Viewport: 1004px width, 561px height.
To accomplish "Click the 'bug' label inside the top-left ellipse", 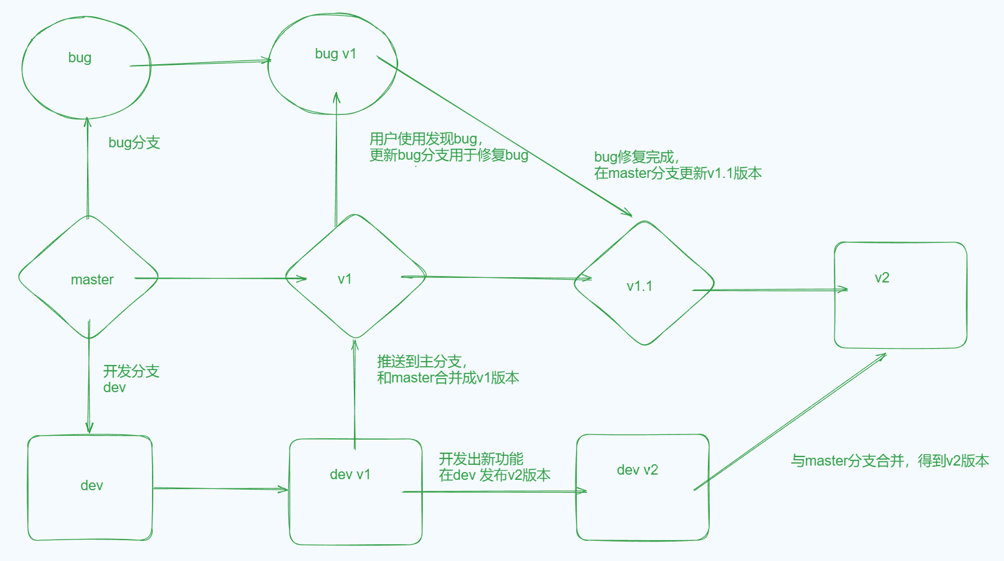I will [80, 58].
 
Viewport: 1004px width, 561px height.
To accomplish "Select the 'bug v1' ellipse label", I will [336, 54].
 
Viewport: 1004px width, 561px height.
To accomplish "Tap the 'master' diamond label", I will [92, 280].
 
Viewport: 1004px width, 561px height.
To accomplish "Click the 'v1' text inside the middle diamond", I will [345, 279].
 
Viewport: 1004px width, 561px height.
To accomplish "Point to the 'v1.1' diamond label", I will [640, 286].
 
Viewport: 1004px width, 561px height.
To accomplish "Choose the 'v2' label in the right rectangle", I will [882, 278].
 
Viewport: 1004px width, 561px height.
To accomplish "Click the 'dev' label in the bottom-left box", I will [92, 486].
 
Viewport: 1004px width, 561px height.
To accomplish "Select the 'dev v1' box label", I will [350, 475].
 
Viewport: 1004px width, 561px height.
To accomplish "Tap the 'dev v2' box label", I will [637, 470].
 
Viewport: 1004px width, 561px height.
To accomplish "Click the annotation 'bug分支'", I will [134, 143].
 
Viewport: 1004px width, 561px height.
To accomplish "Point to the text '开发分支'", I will [131, 371].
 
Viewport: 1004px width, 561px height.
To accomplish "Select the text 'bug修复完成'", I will [636, 157].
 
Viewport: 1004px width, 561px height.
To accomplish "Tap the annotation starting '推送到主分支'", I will [421, 362].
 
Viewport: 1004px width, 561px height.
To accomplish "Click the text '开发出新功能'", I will [481, 459].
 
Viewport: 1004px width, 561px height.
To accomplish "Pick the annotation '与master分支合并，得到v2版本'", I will [890, 461].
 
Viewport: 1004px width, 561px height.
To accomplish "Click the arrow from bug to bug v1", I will [201, 63].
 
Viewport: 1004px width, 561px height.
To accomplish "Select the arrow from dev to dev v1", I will [221, 488].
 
